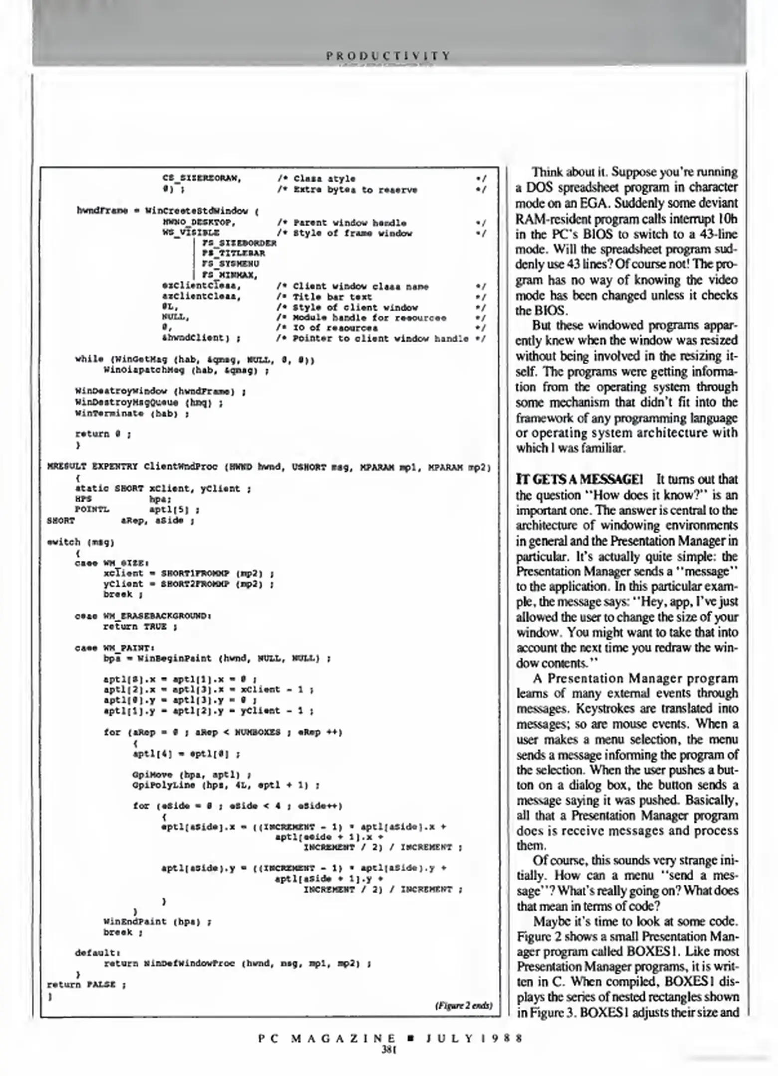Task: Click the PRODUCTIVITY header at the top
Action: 388,55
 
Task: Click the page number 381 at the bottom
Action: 388,1049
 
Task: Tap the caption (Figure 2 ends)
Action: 464,1005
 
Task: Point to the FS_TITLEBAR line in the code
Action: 233,254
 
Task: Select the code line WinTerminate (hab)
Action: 132,413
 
